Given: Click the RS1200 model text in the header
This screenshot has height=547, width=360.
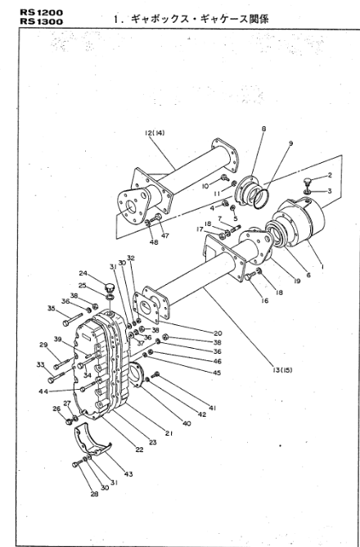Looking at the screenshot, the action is (42, 12).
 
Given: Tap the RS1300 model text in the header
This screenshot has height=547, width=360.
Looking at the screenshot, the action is (42, 21).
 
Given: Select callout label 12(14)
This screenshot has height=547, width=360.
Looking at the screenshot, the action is (155, 133).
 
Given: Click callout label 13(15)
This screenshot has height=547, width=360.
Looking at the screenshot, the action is (282, 370).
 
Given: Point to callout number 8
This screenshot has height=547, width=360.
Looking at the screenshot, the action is (263, 129).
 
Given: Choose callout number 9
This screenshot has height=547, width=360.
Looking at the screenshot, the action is (290, 143).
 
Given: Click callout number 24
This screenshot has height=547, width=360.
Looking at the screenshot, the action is (83, 273).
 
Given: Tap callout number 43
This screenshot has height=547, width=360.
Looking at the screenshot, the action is (128, 474).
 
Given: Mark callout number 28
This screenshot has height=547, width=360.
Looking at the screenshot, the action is (94, 494).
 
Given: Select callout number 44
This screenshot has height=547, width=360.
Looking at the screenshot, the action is (43, 391).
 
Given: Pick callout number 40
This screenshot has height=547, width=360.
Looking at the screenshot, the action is (187, 423).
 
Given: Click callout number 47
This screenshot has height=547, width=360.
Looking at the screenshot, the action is (165, 236).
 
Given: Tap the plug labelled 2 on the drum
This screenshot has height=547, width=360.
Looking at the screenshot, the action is (308, 182).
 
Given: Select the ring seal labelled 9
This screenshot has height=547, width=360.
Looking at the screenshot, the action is (260, 199).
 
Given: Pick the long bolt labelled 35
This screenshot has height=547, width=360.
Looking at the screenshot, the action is (73, 319).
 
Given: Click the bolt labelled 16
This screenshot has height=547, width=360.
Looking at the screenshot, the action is (250, 276).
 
